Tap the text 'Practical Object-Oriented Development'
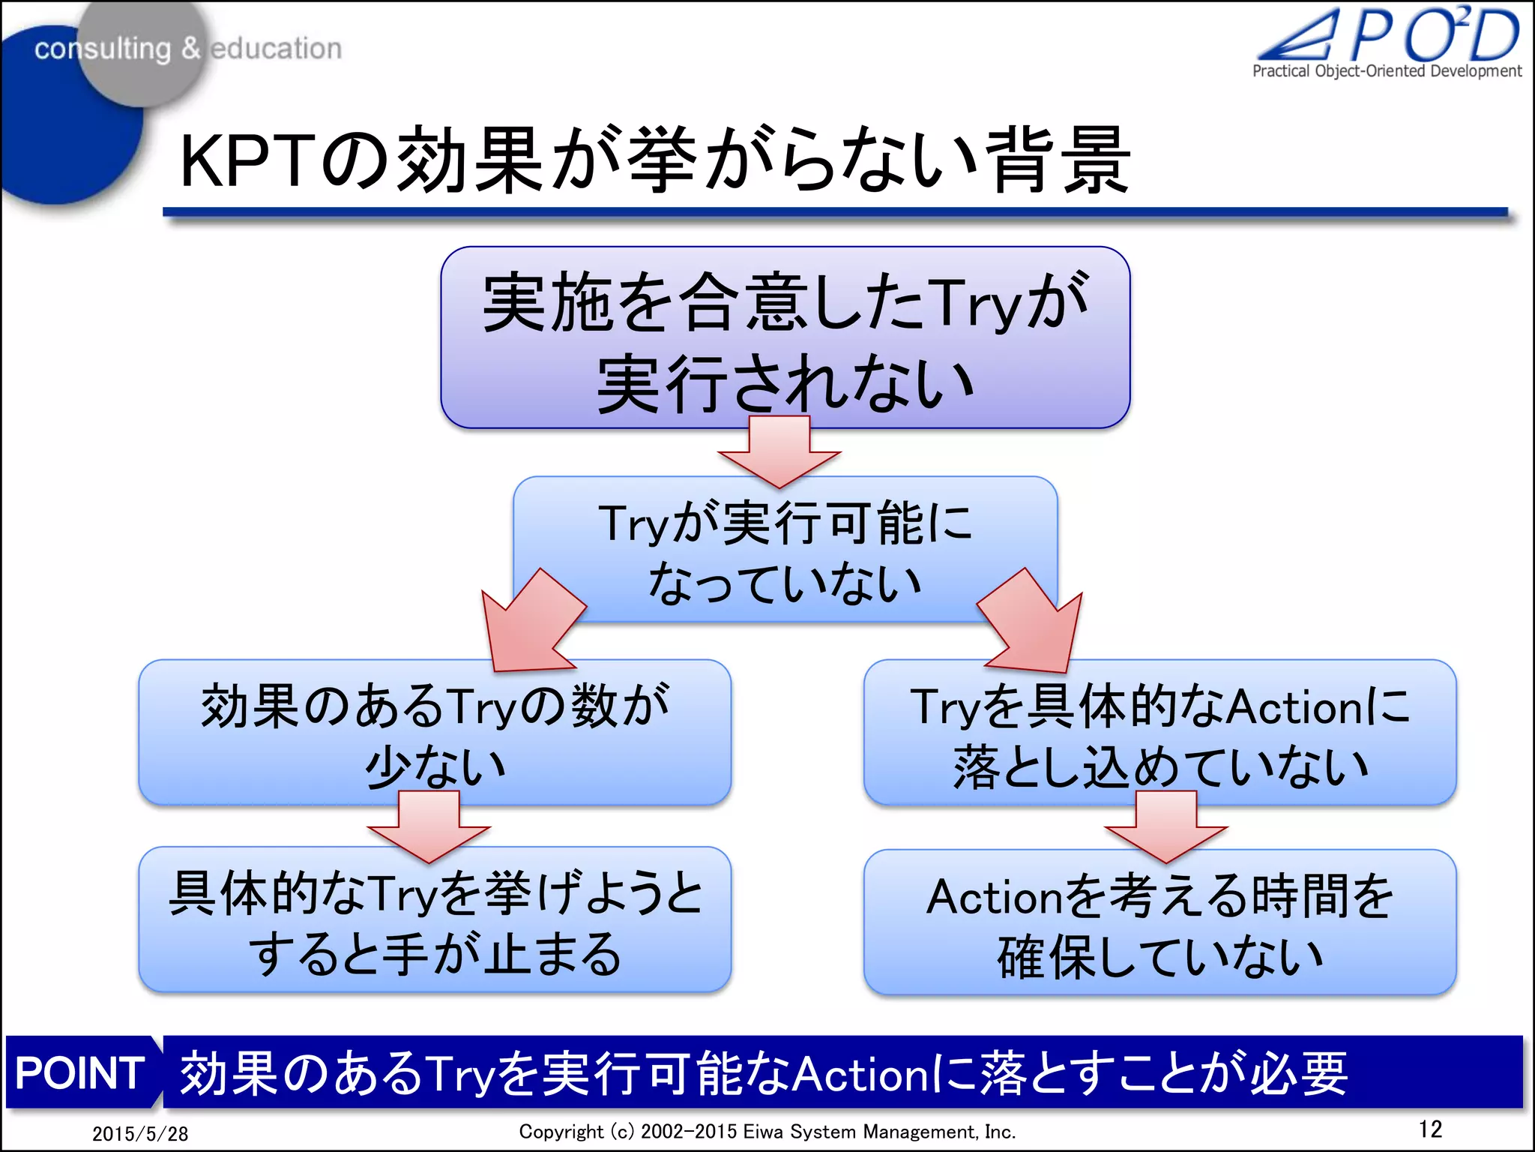pyautogui.click(x=1387, y=71)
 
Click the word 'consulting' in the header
pyautogui.click(x=103, y=49)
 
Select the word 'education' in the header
pyautogui.click(x=276, y=49)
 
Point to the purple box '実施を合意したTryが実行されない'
pyautogui.click(x=785, y=337)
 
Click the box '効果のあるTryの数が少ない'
pyautogui.click(x=434, y=732)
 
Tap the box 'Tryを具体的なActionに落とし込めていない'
pyautogui.click(x=1159, y=732)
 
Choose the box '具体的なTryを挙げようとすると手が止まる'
pyautogui.click(x=434, y=920)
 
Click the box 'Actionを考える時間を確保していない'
pyautogui.click(x=1159, y=922)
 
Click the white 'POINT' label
pyautogui.click(x=80, y=1072)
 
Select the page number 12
pyautogui.click(x=1430, y=1129)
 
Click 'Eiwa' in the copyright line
pyautogui.click(x=763, y=1132)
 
